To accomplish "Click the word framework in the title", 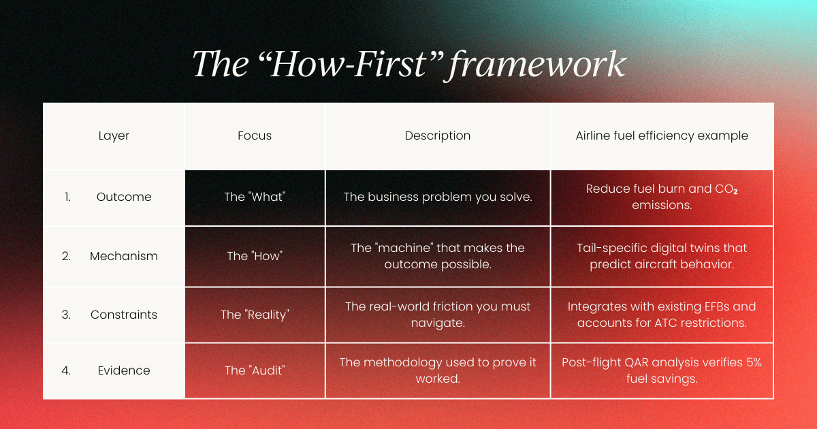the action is coord(537,65).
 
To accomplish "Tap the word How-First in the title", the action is coord(349,64).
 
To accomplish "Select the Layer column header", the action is coord(114,136).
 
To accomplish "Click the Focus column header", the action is coord(255,136).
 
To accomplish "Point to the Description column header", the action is coord(438,136).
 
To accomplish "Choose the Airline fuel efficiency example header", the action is coord(662,136).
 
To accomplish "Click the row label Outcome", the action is coord(124,197).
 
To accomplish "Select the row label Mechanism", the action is coord(124,256).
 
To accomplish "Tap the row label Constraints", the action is coord(124,315).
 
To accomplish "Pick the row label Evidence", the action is coord(124,370).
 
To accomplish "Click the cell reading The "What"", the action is coord(255,197).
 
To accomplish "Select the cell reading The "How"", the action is coord(255,256).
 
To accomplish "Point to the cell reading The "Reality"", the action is coord(255,315).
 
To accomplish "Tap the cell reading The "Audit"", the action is coord(255,370).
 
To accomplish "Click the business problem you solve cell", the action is coord(438,197).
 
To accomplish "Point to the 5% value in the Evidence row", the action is coord(754,362).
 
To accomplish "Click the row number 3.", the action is coord(66,315).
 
